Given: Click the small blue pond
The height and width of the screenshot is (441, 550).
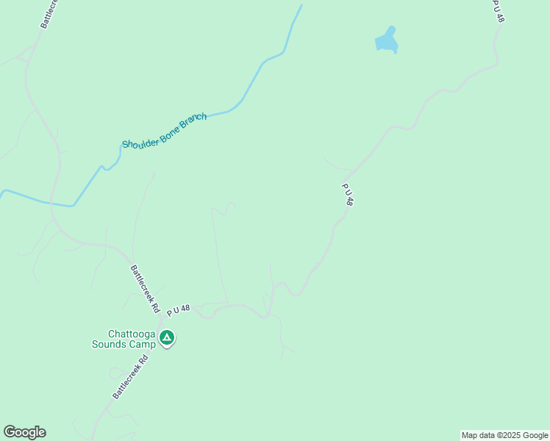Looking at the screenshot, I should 386,40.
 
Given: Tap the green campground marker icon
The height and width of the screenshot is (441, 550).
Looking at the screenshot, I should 167,338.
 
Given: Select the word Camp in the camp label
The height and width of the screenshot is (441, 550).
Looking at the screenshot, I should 145,344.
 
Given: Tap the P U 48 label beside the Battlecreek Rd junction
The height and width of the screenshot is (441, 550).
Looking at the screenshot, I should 179,311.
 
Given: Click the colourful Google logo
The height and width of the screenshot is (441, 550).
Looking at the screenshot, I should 24,432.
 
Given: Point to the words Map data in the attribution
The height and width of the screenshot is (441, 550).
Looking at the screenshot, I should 478,435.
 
